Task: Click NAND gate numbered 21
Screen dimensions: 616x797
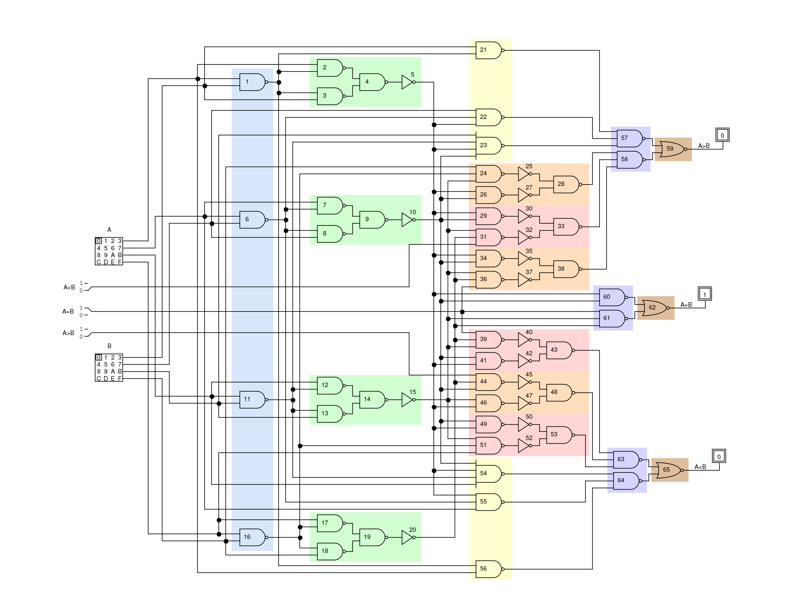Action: (488, 50)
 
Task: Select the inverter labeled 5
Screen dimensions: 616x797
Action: (408, 82)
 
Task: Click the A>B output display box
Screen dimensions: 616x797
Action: (722, 135)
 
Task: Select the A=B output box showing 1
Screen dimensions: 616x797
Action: (705, 294)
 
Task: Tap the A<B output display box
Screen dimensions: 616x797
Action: (719, 456)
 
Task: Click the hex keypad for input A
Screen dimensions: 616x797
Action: (109, 251)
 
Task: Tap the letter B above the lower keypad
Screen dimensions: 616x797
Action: (109, 346)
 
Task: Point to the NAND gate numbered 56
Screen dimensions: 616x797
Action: (488, 569)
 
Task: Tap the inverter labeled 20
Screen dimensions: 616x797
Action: (408, 537)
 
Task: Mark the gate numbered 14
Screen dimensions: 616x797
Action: (372, 399)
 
